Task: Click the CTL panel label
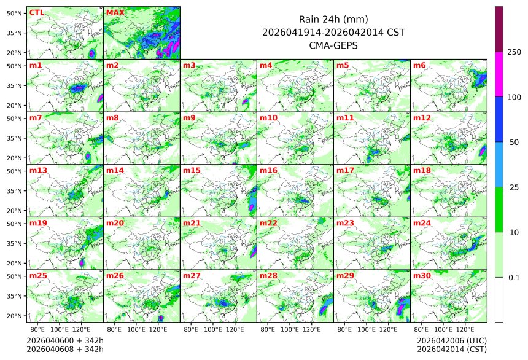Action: click(36, 12)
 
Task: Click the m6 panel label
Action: click(420, 65)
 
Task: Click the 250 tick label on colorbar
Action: click(514, 52)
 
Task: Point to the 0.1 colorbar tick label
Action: click(514, 278)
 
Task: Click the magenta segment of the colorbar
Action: click(499, 74)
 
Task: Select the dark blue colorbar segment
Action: click(499, 119)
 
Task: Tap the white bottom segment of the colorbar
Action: click(499, 299)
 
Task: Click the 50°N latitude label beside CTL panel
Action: click(15, 13)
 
